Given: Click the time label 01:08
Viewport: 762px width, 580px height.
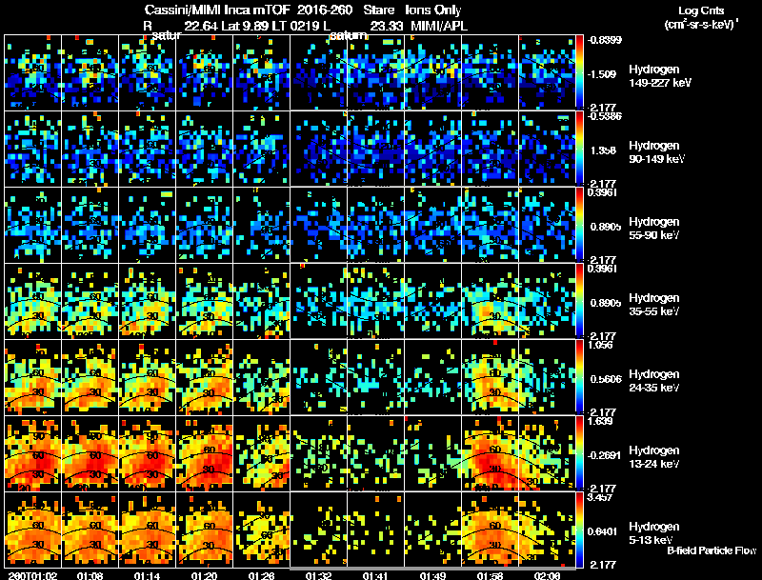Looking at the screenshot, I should tap(90, 575).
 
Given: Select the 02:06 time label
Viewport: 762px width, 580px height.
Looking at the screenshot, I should tap(548, 575).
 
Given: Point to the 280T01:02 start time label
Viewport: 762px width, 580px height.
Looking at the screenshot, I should tap(30, 575).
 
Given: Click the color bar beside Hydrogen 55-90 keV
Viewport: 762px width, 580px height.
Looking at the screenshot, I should tap(580, 225).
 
